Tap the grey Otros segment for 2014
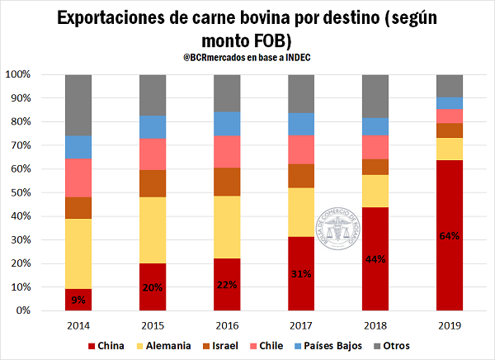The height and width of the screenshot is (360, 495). click(x=78, y=105)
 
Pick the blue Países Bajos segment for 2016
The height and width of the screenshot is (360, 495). click(x=227, y=123)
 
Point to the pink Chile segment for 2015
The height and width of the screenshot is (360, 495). click(x=153, y=154)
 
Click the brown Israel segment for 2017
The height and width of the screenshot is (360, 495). click(x=301, y=175)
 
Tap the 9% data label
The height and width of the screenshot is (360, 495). click(x=78, y=298)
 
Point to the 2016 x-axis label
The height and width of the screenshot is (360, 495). click(x=227, y=324)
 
